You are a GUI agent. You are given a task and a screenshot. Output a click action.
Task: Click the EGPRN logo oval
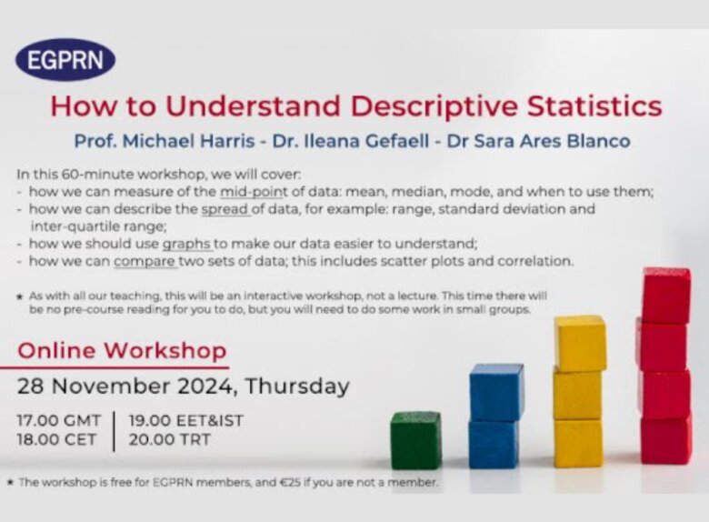65,59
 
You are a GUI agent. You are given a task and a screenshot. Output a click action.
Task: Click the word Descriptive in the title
434,106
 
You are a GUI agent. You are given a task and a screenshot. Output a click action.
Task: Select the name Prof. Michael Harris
165,141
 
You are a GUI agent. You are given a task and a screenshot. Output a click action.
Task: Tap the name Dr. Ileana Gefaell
351,141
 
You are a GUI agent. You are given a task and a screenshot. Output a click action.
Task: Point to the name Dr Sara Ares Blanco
538,141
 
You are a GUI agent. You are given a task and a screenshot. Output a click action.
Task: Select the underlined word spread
225,209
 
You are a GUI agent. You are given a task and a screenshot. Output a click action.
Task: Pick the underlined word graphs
186,245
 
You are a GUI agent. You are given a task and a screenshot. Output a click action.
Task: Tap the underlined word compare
145,261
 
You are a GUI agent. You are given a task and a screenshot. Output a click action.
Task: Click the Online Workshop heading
122,350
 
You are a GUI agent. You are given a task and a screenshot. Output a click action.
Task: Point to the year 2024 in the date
205,386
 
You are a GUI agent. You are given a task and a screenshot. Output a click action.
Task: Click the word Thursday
297,386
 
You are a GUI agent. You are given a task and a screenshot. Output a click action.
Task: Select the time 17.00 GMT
59,420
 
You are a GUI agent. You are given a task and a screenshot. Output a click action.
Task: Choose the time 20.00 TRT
170,439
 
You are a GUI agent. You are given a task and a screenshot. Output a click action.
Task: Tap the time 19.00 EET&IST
185,420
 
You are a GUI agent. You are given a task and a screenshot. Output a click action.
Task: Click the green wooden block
416,439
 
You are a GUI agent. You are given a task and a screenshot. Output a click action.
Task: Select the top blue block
496,392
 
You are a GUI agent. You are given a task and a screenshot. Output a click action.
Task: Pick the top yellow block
580,344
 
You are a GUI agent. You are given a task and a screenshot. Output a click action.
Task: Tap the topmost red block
666,296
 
